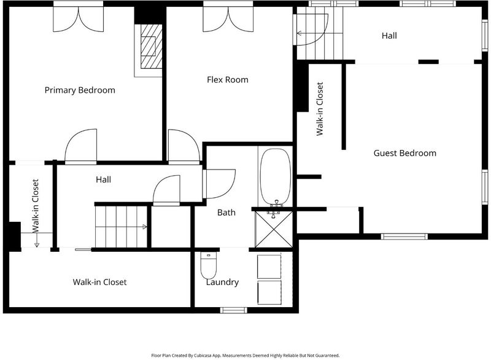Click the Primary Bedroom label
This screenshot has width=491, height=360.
coord(80,90)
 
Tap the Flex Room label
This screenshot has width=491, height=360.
coord(228,80)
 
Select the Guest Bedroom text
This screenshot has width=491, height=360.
coord(405,153)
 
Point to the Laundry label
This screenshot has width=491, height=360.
coord(222,282)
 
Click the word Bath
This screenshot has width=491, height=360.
coord(226,213)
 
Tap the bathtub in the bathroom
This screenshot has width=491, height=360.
coord(276,177)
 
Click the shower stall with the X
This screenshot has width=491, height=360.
coord(274,229)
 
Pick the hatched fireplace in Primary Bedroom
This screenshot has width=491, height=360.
coord(151,46)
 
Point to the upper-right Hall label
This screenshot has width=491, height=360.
coord(389,36)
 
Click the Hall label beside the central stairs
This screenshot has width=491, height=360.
coord(103,179)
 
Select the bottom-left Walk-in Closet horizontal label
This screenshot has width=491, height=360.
coord(99,282)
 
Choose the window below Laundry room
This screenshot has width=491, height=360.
coord(234,310)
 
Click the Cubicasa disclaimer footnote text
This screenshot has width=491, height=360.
coord(245,355)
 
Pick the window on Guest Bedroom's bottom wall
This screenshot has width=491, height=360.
coord(404,237)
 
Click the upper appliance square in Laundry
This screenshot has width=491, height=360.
coord(269,267)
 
